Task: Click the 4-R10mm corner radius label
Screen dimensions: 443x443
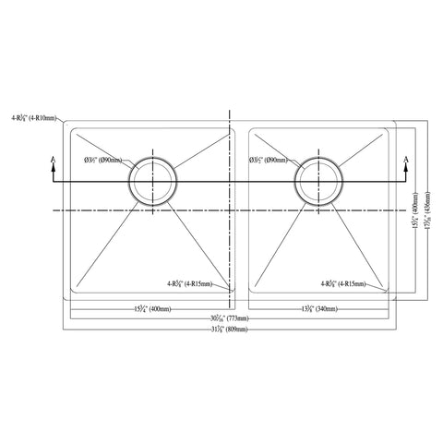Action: point(42,117)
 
